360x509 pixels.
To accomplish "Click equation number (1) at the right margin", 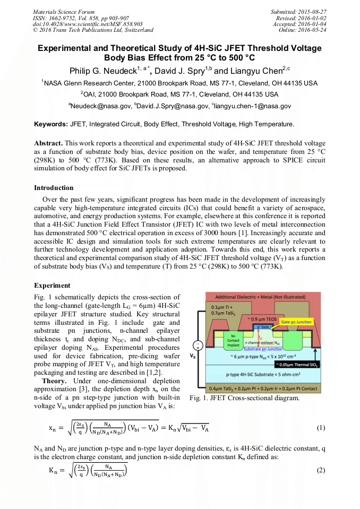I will pyautogui.click(x=320, y=428).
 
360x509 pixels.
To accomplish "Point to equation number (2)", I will pyautogui.click(x=320, y=471).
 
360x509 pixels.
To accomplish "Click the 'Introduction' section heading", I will pyautogui.click(x=54, y=188).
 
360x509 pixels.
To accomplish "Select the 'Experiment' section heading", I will pyautogui.click(x=52, y=286).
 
